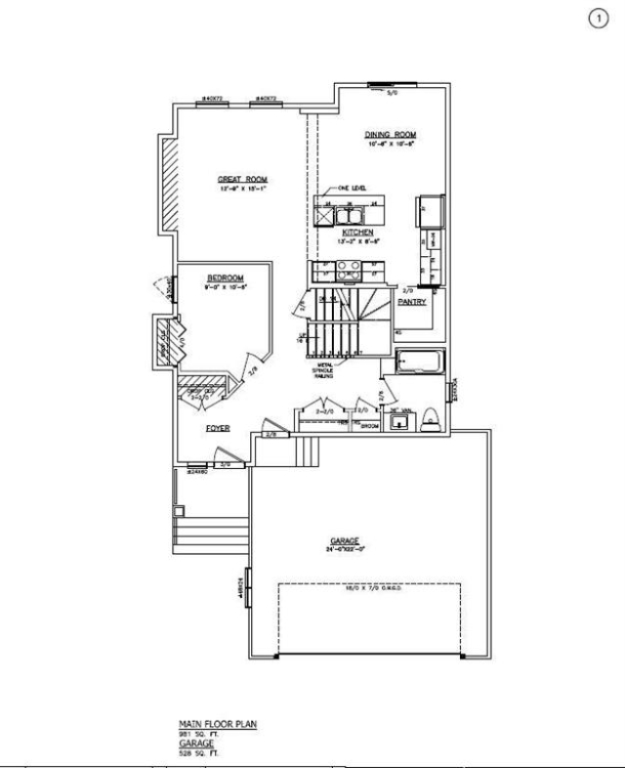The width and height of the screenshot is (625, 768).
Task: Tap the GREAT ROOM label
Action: coord(242,179)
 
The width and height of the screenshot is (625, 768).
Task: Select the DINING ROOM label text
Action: coord(392,134)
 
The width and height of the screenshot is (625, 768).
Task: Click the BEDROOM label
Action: coord(225,278)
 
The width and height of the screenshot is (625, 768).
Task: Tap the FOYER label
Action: coord(217,428)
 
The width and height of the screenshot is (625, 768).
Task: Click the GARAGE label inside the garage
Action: coord(345,540)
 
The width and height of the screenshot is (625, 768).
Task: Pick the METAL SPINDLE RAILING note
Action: coord(326,369)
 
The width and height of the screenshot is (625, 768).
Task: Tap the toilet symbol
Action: coord(431,421)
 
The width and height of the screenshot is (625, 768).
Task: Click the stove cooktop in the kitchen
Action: coord(349,271)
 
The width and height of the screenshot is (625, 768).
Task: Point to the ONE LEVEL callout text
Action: coord(351,188)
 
